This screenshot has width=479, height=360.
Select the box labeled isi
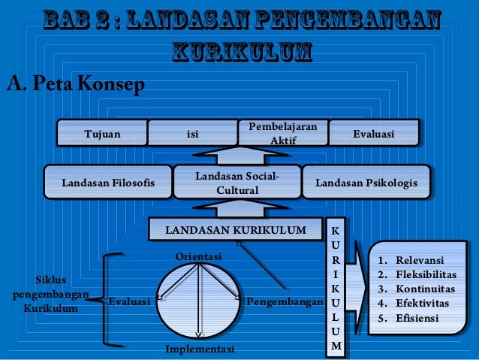(x=192, y=135)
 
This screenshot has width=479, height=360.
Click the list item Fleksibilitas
(x=426, y=276)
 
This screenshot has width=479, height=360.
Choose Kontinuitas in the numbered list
(x=425, y=289)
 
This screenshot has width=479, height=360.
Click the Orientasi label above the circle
(x=199, y=257)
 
